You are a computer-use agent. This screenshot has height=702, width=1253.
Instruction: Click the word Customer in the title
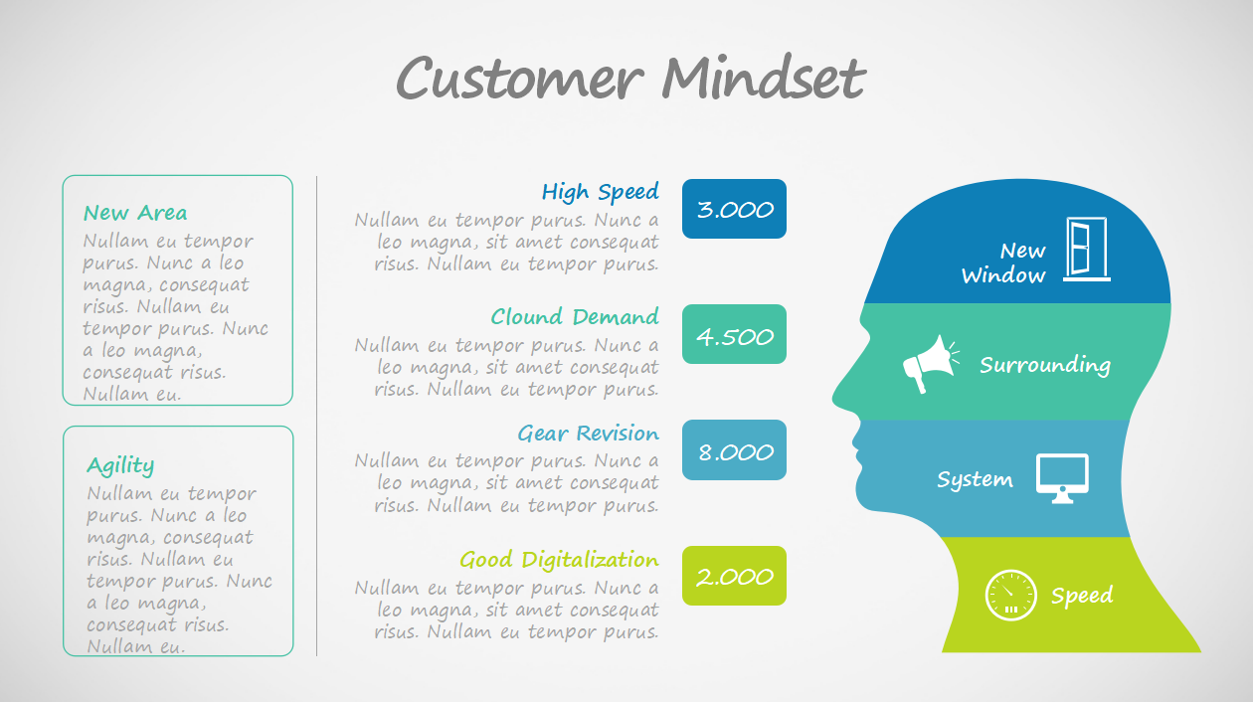click(520, 78)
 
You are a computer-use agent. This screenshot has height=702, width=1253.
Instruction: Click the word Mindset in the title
click(764, 77)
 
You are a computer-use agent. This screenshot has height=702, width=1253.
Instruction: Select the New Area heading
click(135, 213)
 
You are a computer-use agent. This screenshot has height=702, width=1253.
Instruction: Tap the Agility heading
click(120, 466)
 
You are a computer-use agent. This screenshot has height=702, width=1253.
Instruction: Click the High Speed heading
click(601, 192)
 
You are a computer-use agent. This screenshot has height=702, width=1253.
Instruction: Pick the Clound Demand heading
click(575, 316)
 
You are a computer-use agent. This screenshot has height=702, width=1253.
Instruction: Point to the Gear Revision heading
click(589, 433)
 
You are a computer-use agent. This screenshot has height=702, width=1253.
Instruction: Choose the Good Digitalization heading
click(559, 560)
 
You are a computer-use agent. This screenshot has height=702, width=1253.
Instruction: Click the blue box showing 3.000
click(734, 209)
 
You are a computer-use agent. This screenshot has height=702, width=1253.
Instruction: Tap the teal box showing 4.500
click(734, 334)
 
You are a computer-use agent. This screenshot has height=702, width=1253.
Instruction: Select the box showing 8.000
click(734, 449)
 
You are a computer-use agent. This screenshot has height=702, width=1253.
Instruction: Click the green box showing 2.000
click(734, 576)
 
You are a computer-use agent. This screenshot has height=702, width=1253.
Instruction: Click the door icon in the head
click(1086, 249)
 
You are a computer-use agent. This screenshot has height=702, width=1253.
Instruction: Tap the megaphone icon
click(930, 364)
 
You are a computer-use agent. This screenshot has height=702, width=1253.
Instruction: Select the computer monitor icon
click(1062, 478)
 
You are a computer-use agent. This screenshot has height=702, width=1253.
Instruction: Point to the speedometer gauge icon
click(1010, 596)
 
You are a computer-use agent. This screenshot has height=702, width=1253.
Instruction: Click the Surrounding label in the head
click(1045, 365)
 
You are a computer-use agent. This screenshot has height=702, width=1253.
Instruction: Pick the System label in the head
click(975, 480)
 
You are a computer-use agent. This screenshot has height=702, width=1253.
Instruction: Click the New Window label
click(1003, 263)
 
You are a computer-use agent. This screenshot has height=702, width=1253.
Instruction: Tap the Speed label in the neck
click(1082, 596)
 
